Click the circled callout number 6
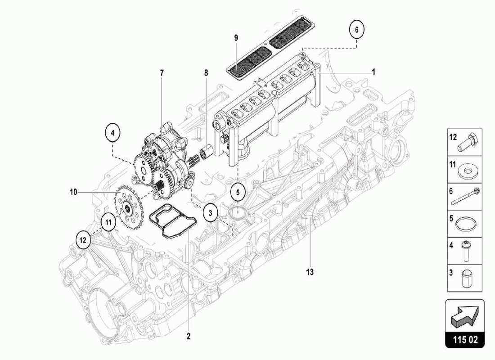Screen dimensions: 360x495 tap(356, 30)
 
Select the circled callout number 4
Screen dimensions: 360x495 tap(113, 132)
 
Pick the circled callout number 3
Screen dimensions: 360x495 tap(210, 212)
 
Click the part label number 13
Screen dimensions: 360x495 tap(310, 272)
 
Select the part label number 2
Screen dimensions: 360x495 tap(189, 336)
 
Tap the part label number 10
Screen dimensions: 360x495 tap(73, 192)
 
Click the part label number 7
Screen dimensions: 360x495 tap(162, 72)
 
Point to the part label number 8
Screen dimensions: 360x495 tap(206, 72)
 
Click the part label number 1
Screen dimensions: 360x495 tap(373, 72)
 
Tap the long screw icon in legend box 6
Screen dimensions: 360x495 tap(468, 197)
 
